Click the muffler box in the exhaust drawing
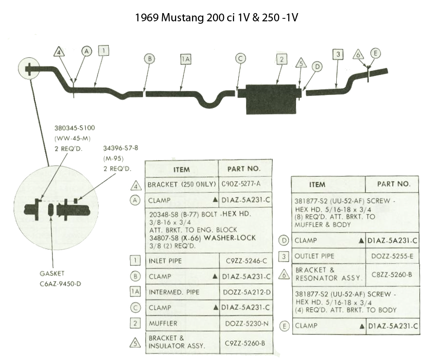[271, 99]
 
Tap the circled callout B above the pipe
[149, 59]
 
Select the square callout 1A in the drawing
[186, 59]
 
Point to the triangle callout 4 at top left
[59, 52]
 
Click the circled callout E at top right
[376, 53]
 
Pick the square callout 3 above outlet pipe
[338, 54]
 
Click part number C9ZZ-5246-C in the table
[246, 261]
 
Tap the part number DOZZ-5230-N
[247, 324]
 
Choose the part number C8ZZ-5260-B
[392, 274]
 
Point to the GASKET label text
[52, 273]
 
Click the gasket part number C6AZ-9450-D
[61, 284]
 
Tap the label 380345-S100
[75, 128]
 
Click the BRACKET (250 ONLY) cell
[181, 185]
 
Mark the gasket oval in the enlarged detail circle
[50, 209]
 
